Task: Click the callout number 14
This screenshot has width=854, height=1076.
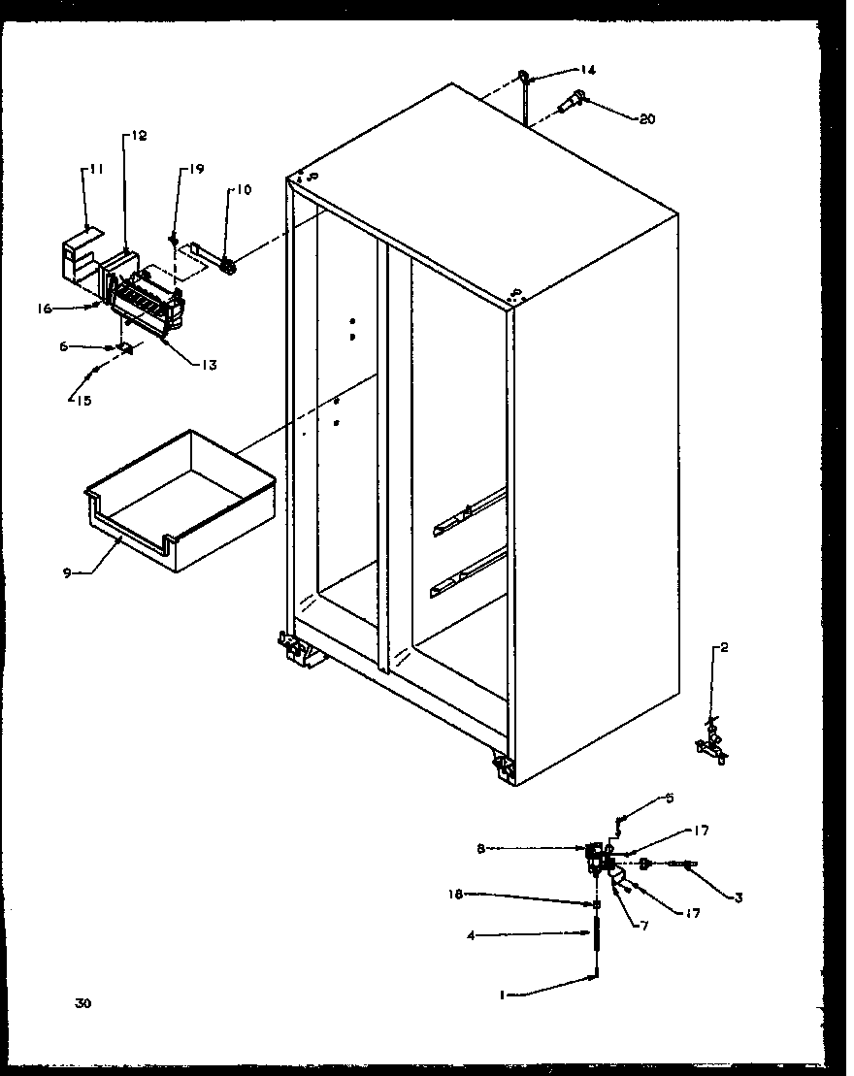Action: point(588,70)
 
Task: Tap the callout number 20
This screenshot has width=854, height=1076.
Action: point(646,119)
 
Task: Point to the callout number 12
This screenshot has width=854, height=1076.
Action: point(139,137)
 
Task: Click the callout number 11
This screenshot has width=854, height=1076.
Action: point(96,170)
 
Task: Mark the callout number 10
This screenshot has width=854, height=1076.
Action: point(242,190)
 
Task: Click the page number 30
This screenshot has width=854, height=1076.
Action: point(82,1004)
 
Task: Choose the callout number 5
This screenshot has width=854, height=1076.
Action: point(668,799)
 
